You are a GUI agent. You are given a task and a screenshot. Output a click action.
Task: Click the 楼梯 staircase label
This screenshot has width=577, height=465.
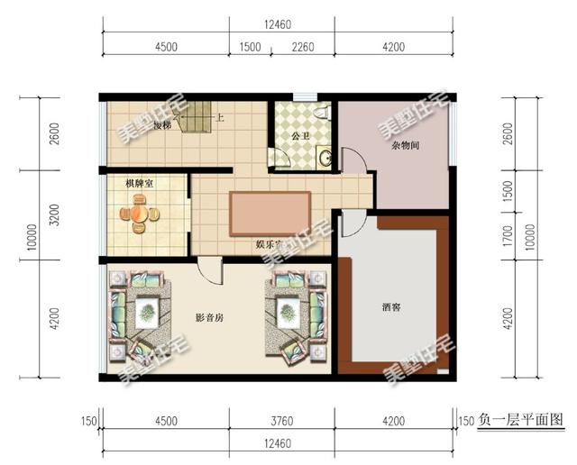[x=163, y=124]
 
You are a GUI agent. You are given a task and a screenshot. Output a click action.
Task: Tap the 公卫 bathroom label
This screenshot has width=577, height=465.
[x=301, y=136]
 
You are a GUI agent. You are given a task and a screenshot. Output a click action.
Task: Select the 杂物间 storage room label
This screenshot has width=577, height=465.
[x=406, y=144]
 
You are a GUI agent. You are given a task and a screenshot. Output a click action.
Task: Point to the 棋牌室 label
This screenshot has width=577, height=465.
[x=139, y=184]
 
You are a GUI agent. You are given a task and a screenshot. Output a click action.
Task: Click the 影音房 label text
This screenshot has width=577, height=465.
[x=209, y=318]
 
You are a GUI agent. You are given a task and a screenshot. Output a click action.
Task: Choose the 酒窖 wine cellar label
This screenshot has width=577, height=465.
[x=391, y=307]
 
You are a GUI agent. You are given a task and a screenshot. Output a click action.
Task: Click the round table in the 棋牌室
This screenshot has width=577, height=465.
[x=138, y=214]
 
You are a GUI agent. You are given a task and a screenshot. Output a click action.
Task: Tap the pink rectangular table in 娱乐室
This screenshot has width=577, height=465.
[x=270, y=214]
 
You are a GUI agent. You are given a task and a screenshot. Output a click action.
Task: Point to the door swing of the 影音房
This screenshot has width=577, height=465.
[x=211, y=269]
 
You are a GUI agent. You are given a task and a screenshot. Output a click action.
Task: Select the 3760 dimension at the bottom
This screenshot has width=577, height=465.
[x=281, y=420]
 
